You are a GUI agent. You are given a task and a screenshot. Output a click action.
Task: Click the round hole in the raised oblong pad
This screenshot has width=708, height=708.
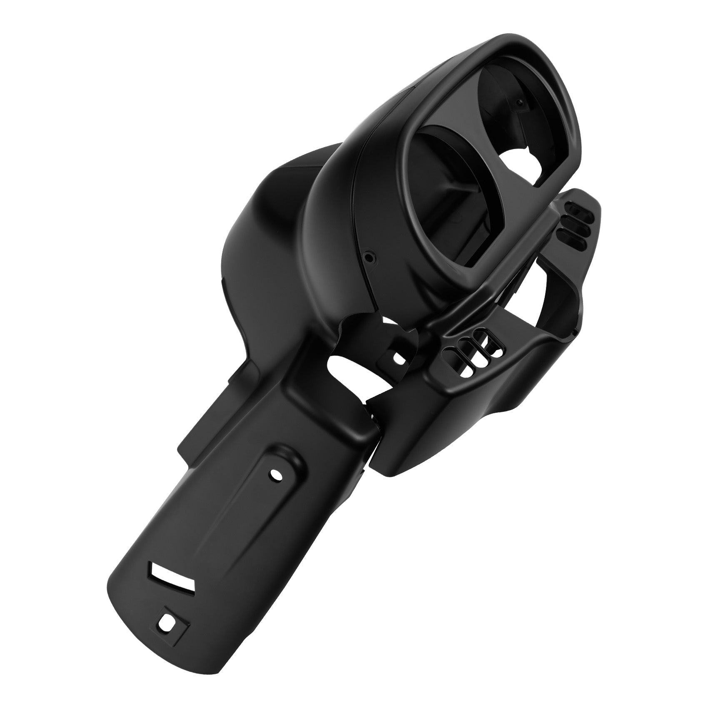pos(275,474)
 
